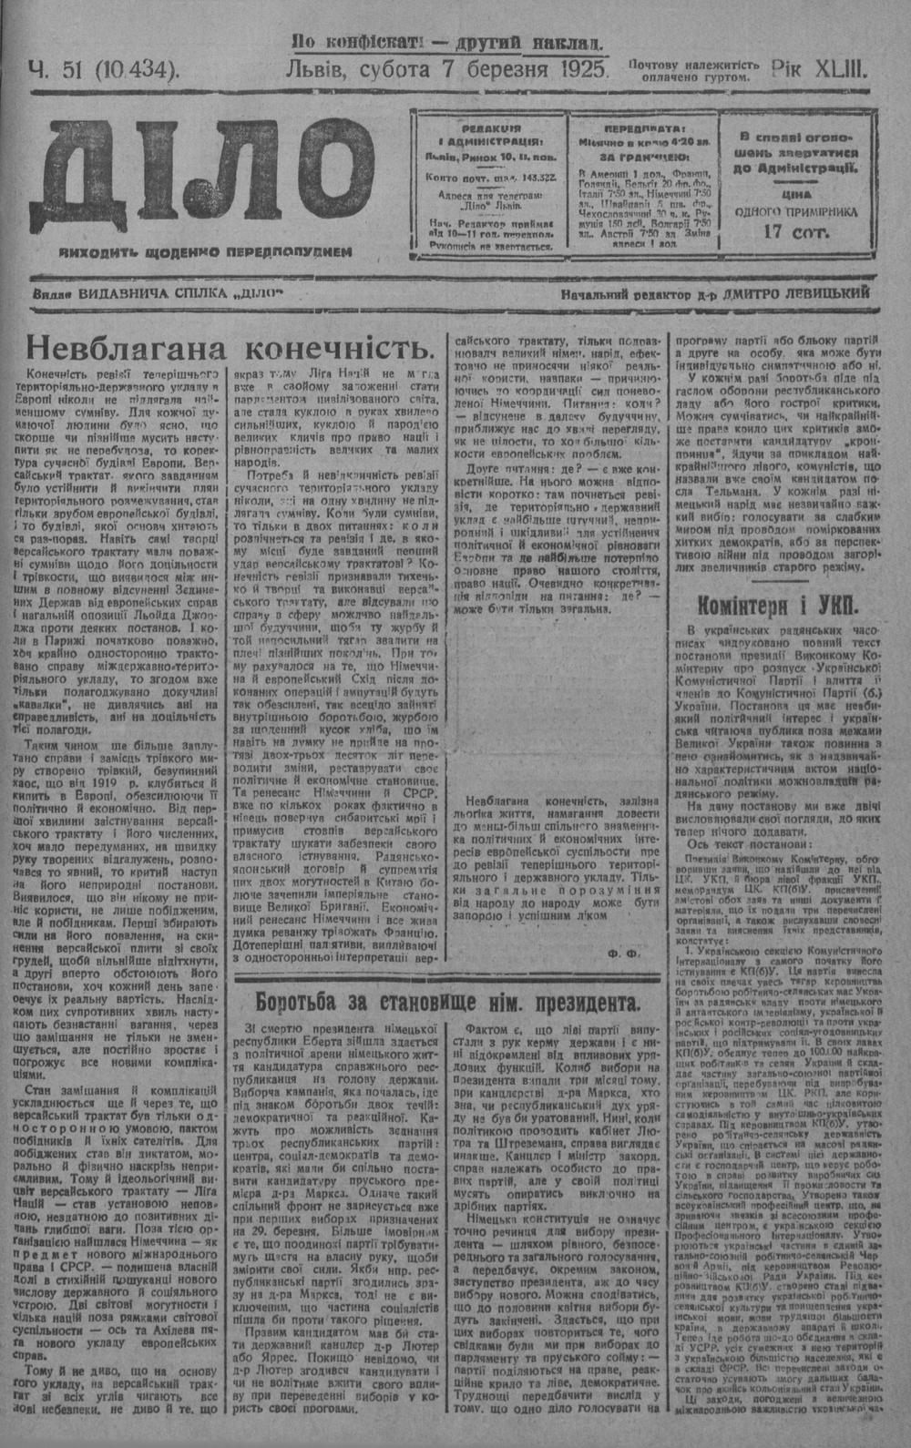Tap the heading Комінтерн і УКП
coord(789,605)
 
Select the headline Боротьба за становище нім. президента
coord(446,1004)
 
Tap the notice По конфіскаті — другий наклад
coord(447,42)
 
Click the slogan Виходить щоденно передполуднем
coord(202,250)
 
